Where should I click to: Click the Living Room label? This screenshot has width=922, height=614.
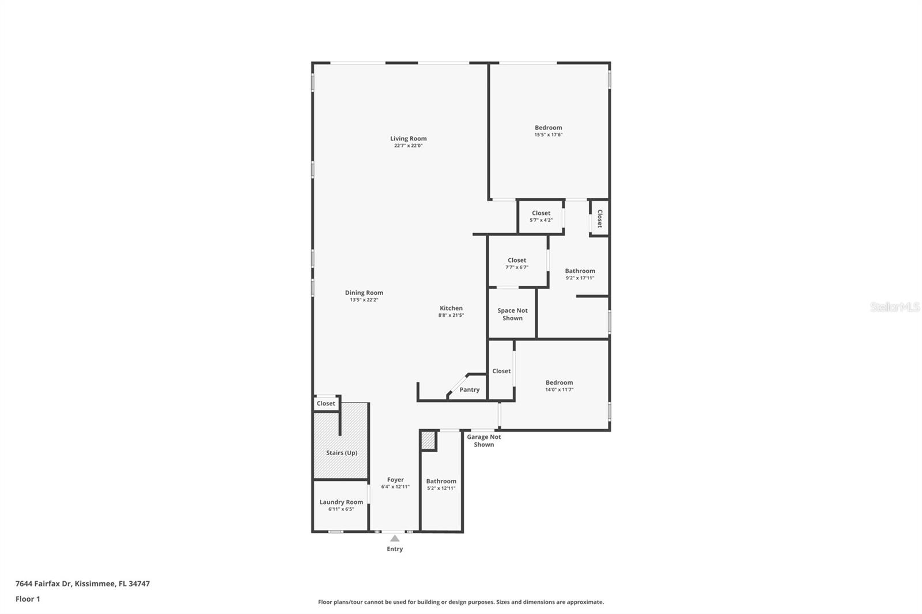point(409,139)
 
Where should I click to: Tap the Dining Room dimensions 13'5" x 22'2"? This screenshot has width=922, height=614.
point(364,300)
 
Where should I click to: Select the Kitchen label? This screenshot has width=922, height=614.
point(451,308)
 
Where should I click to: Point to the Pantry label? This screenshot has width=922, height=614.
point(470,390)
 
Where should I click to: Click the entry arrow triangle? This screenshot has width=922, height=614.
point(395,539)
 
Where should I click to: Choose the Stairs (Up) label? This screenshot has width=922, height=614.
point(342,453)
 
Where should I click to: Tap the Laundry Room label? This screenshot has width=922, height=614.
point(341,502)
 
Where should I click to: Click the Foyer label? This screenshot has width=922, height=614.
point(395,480)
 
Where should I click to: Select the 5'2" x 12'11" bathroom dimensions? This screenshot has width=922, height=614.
point(441,488)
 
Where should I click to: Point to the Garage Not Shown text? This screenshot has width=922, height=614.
point(483,441)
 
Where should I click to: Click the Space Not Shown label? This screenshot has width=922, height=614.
point(512,314)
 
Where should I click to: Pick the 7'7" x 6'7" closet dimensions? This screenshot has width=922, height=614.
point(517,267)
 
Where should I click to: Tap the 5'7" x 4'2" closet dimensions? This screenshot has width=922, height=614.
point(541,220)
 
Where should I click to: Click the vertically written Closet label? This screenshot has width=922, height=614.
point(600,218)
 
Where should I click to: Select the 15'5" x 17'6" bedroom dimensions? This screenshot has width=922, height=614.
point(548,135)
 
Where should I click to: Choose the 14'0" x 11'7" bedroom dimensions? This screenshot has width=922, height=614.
point(560,390)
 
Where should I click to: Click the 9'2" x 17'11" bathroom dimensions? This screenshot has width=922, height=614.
point(580,278)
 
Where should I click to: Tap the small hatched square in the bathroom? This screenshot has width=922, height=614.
point(428,440)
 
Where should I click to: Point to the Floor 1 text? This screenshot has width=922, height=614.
point(28,599)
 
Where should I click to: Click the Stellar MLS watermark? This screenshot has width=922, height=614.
point(895,307)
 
